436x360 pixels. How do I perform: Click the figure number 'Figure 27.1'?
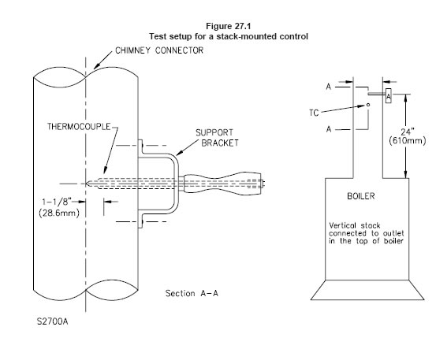tap(229, 26)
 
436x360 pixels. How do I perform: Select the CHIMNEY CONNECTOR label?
tap(159, 50)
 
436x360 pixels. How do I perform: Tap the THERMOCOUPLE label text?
tap(79, 127)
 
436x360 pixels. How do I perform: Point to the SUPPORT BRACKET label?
tap(217, 138)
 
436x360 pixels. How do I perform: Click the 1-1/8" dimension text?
tap(57, 202)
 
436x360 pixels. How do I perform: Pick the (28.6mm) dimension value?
tap(59, 213)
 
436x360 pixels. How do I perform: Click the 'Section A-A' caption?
tap(192, 293)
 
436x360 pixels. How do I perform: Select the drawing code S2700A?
tap(53, 321)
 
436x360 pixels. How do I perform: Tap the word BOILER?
tap(361, 196)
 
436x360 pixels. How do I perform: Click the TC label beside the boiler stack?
tap(314, 113)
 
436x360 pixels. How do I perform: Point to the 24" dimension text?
tap(408, 132)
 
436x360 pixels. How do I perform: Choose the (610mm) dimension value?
tap(408, 140)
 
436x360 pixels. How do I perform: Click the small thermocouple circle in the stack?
tap(368, 105)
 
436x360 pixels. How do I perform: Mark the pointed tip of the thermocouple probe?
tap(87, 184)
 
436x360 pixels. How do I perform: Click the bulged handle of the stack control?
tap(222, 184)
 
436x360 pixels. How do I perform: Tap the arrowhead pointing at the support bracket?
tap(179, 153)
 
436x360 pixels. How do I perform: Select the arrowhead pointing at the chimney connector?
tap(96, 66)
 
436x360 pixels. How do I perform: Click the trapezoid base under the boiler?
tap(367, 290)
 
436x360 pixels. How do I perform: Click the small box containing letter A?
tap(389, 96)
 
